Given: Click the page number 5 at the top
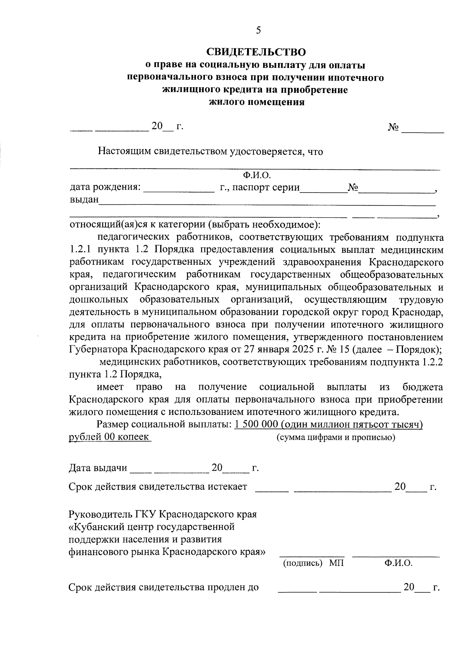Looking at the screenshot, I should (x=258, y=30).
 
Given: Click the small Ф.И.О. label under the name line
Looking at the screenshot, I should (x=257, y=176).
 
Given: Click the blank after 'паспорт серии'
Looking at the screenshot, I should (x=323, y=188).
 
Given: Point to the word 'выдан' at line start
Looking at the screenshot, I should (x=84, y=200).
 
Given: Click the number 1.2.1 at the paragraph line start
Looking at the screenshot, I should (x=80, y=250).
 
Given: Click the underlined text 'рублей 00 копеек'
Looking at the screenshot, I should (x=109, y=437).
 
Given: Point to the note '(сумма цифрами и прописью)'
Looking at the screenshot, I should (x=336, y=438).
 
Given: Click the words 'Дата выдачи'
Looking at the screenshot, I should (x=98, y=468).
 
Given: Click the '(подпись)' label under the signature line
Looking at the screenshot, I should (x=302, y=564).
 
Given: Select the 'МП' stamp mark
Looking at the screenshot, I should (x=336, y=564).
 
